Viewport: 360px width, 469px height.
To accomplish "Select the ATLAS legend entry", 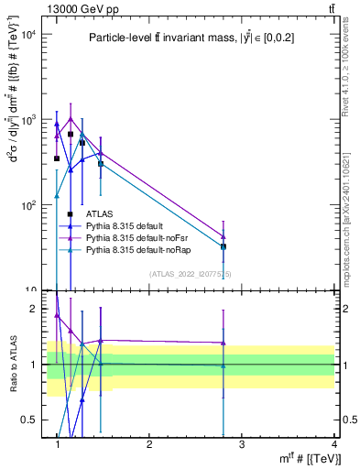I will coord(99,214).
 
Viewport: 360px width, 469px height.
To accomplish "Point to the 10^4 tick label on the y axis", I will coord(27,35).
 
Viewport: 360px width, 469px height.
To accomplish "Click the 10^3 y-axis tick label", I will coord(27,120).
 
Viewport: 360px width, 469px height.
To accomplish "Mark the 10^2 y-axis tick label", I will coord(27,205).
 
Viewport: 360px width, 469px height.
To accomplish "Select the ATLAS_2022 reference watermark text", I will coord(191,274).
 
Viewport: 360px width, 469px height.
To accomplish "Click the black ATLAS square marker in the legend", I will coord(71,214).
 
